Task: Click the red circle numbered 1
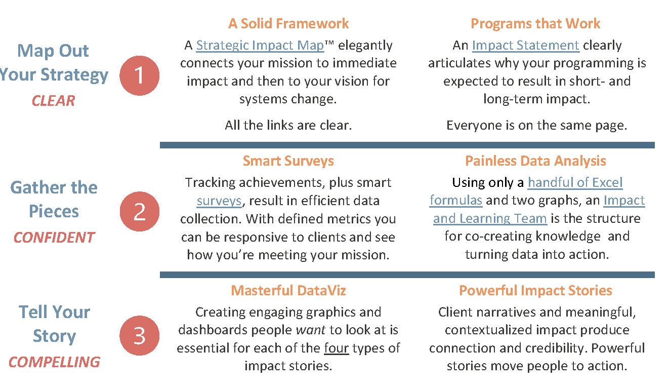[140, 75]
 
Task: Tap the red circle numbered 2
[140, 211]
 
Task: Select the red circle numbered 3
[140, 335]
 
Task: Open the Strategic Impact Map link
[260, 46]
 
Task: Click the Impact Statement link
[526, 46]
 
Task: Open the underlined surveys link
[219, 201]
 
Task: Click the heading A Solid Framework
[288, 23]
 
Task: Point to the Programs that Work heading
[535, 23]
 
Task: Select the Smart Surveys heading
[288, 161]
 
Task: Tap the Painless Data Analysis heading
[535, 161]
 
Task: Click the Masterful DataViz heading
[288, 290]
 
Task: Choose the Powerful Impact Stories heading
[535, 290]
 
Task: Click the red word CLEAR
[54, 101]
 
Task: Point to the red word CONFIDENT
[54, 238]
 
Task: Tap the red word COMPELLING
[54, 362]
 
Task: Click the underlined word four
[337, 348]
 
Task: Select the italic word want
[311, 330]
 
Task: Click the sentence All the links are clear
[288, 125]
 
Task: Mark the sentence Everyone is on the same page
[537, 125]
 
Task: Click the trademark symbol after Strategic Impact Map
[329, 43]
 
